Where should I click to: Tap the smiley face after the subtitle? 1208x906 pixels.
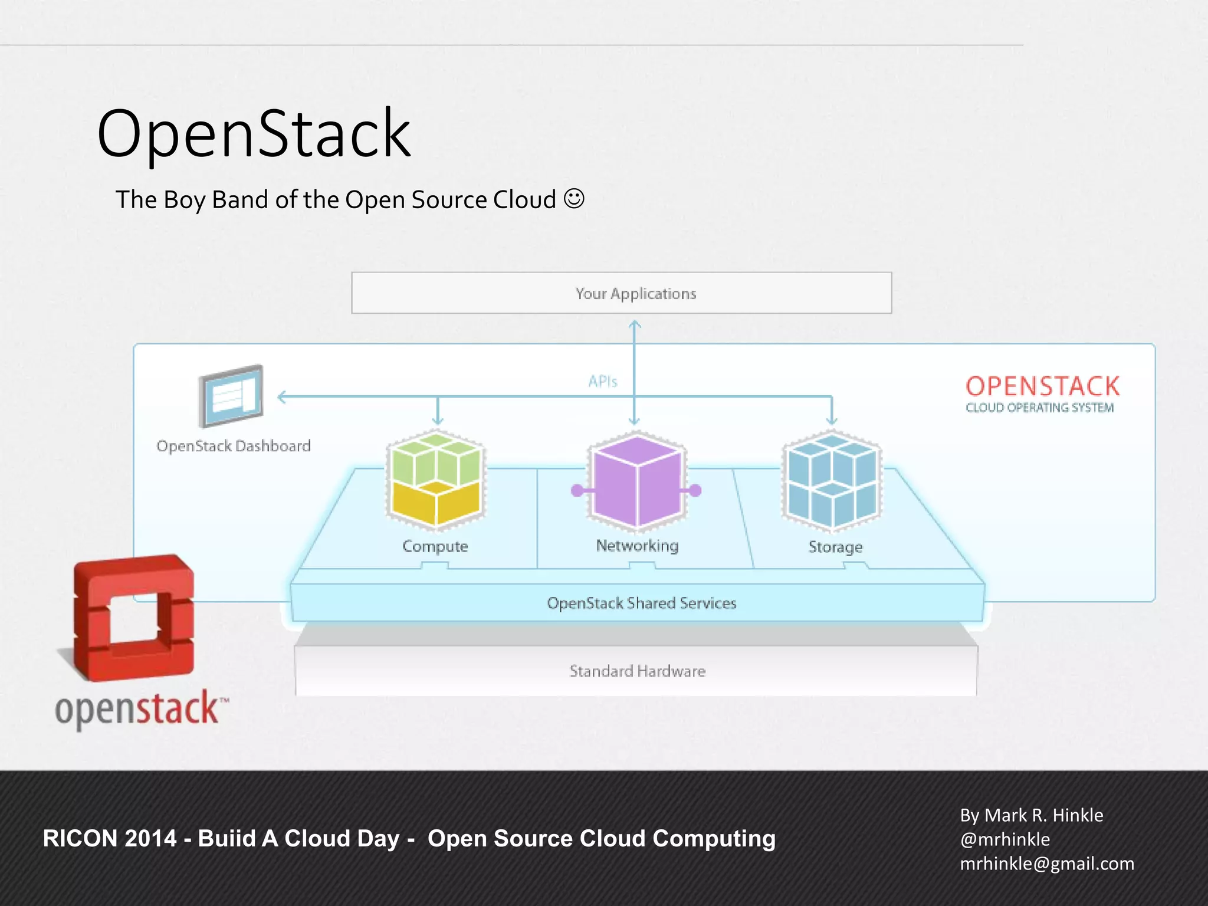click(x=574, y=199)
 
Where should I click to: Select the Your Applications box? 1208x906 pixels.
click(x=621, y=293)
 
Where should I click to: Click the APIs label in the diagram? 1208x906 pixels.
click(x=602, y=382)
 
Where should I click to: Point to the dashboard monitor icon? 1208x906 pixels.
click(x=231, y=396)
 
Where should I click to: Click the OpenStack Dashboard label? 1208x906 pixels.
click(x=234, y=446)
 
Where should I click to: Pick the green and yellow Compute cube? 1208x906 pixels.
click(x=436, y=479)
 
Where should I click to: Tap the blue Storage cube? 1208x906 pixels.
click(x=832, y=480)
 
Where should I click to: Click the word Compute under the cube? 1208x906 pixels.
click(x=435, y=546)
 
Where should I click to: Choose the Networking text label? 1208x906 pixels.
click(x=637, y=546)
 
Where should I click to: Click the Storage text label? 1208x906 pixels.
click(x=835, y=547)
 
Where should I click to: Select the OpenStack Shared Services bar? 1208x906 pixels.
click(x=641, y=603)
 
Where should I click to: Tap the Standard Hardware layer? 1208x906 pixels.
click(x=637, y=671)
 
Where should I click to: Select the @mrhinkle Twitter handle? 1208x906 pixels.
click(x=1005, y=839)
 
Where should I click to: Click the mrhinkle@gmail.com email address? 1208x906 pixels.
click(x=1047, y=864)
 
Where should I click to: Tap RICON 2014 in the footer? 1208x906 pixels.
click(x=110, y=838)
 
